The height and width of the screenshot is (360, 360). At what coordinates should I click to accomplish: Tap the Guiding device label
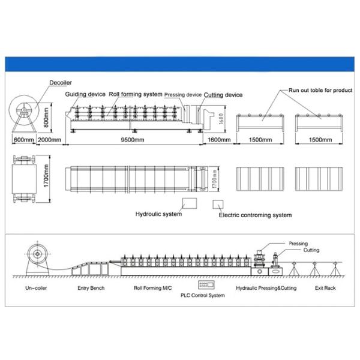pyautogui.click(x=86, y=95)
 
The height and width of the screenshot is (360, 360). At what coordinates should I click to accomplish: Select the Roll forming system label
pyautogui.click(x=136, y=95)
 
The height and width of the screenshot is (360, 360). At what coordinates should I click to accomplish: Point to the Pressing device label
pyautogui.click(x=183, y=95)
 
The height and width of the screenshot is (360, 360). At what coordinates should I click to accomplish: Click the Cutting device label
pyautogui.click(x=223, y=95)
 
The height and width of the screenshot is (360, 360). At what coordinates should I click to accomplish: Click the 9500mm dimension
pyautogui.click(x=131, y=139)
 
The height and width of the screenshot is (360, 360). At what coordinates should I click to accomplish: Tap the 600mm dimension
pyautogui.click(x=23, y=139)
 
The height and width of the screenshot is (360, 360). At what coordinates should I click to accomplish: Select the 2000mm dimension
pyautogui.click(x=49, y=139)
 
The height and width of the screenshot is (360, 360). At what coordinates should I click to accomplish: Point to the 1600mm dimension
pyautogui.click(x=218, y=139)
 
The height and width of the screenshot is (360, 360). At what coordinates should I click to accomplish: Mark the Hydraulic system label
pyautogui.click(x=158, y=214)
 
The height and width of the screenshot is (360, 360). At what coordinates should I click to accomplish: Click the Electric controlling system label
pyautogui.click(x=255, y=215)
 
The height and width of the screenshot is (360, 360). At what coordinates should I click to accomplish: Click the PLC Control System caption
pyautogui.click(x=204, y=295)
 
